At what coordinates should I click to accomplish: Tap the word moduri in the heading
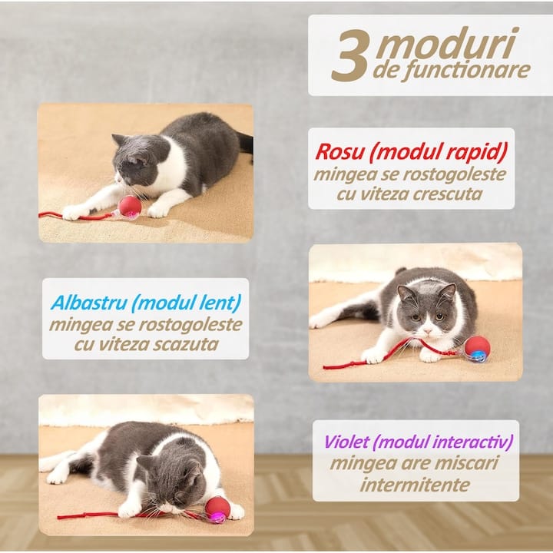(x=447, y=43)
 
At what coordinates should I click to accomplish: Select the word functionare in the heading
(x=466, y=71)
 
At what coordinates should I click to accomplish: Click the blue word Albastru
(x=89, y=303)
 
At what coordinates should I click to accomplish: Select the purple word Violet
(x=346, y=442)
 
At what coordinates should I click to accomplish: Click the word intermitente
(x=415, y=485)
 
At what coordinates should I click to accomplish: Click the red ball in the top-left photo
(x=130, y=207)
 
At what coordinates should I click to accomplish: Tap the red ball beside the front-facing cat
(x=477, y=349)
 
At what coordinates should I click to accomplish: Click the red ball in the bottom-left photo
(x=217, y=509)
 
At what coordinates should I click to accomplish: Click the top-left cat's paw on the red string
(x=75, y=212)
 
